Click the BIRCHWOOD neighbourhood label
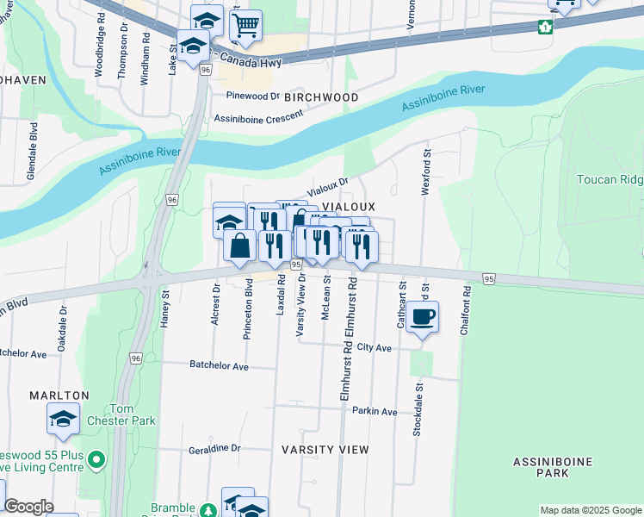pyautogui.click(x=321, y=97)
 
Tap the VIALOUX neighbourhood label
pyautogui.click(x=348, y=208)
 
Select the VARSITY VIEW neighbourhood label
pyautogui.click(x=325, y=450)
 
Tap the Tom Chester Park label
pyautogui.click(x=132, y=414)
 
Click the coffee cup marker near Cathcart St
pyautogui.click(x=421, y=318)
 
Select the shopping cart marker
pyautogui.click(x=246, y=26)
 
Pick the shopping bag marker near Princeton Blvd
pyautogui.click(x=240, y=246)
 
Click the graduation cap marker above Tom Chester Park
pyautogui.click(x=64, y=420)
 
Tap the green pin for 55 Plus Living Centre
pyautogui.click(x=96, y=459)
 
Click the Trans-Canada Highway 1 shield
pyautogui.click(x=544, y=27)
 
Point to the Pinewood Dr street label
pyautogui.click(x=253, y=97)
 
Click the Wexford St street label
pyautogui.click(x=425, y=171)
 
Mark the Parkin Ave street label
pyautogui.click(x=374, y=412)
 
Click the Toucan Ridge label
pyautogui.click(x=610, y=179)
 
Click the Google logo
pyautogui.click(x=28, y=507)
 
